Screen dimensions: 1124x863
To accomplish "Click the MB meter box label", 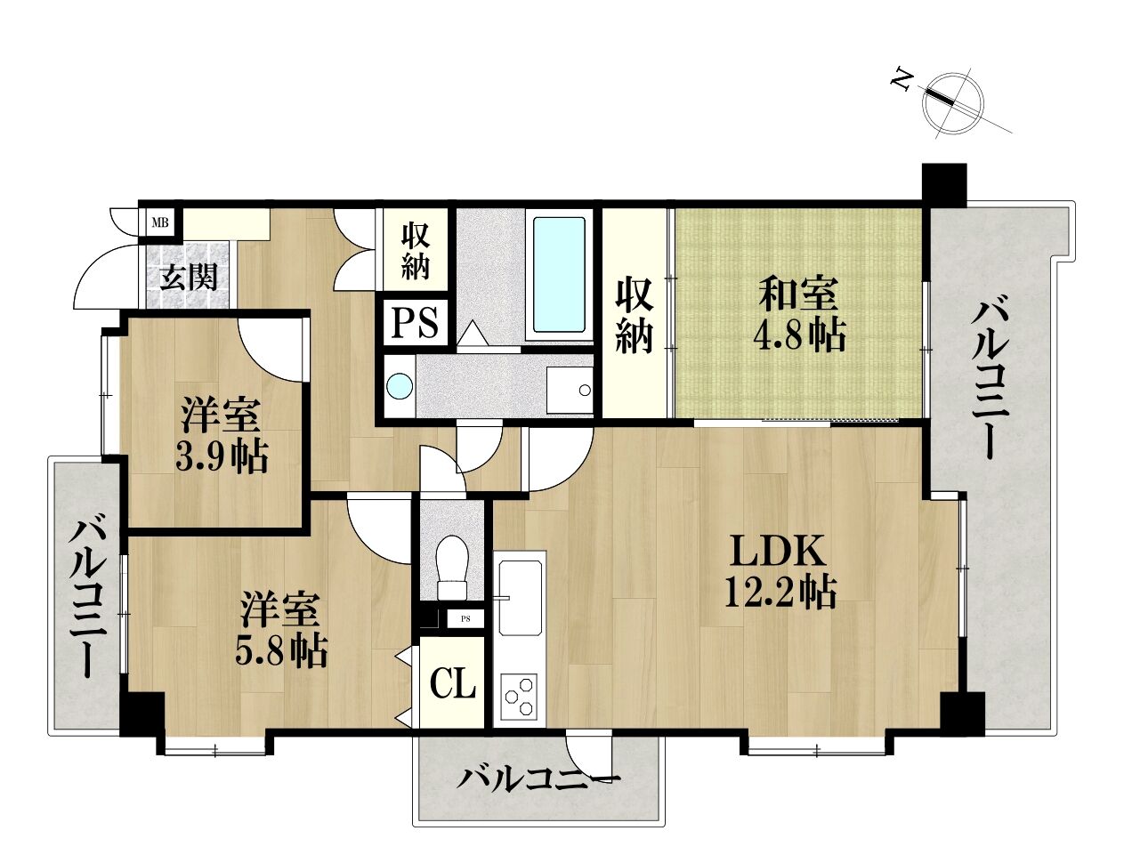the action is (160, 223).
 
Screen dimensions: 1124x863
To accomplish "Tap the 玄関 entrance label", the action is (189, 279).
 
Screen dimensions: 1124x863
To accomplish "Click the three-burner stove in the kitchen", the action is (520, 697).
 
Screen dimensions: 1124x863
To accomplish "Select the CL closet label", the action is (453, 683).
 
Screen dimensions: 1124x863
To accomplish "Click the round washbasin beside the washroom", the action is (400, 386).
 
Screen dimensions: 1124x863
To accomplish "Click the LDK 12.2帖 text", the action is (780, 572).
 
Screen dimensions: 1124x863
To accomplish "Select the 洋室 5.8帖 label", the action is (279, 631).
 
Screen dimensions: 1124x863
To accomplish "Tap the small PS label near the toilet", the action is (465, 619).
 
